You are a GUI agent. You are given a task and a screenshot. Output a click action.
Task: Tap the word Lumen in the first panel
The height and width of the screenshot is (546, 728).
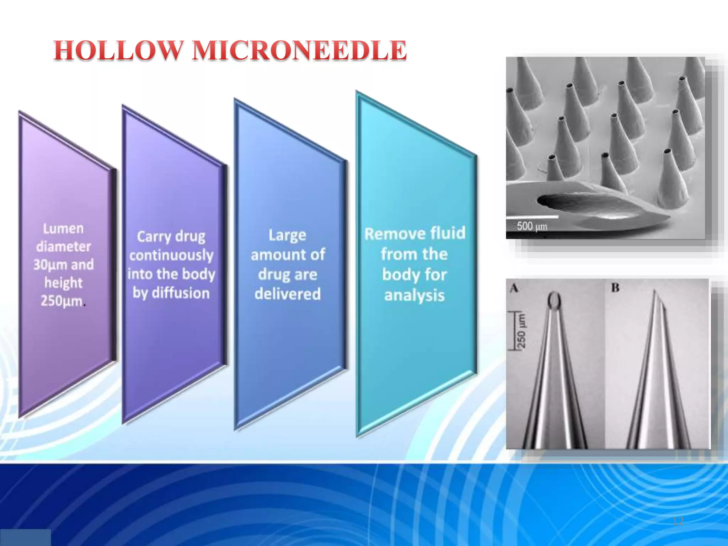point(63,229)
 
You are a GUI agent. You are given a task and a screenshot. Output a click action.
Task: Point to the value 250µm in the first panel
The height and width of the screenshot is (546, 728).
point(61,301)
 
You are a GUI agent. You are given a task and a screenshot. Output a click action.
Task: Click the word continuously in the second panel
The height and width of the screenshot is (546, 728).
point(171,255)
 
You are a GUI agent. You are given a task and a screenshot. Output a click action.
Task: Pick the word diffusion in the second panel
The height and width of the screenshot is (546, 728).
point(181,293)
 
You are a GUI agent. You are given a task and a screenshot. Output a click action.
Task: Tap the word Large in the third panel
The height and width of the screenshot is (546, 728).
point(287,235)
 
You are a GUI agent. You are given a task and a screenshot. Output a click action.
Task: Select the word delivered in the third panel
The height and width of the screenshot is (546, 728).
point(288,294)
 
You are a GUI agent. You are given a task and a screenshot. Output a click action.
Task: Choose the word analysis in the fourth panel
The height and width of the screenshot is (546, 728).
point(414,295)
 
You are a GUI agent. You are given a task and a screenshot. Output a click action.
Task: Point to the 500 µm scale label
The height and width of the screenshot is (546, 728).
point(532,226)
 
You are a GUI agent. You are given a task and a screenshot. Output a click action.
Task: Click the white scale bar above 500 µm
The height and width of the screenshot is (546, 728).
point(532,216)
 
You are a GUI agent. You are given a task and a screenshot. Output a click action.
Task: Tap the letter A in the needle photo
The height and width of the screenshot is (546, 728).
point(514,288)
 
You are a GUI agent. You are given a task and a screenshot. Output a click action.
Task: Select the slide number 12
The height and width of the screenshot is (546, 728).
point(678,521)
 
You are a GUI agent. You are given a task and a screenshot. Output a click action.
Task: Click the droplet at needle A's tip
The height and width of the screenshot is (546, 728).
point(554,300)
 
